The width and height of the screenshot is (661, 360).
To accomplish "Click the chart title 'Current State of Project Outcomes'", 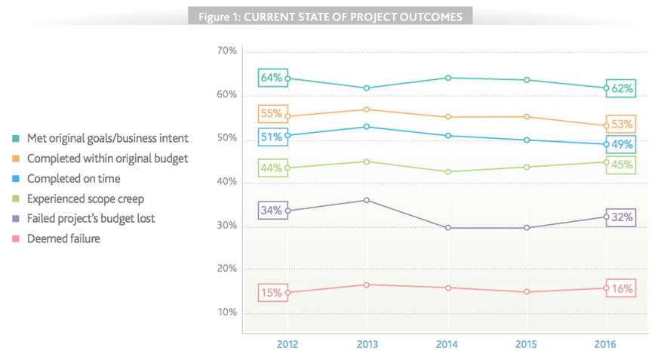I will pos(330,17).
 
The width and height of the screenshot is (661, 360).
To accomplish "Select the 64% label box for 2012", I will pos(272,78).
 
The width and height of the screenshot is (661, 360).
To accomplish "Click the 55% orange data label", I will pos(272,115).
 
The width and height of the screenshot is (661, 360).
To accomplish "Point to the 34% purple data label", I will pos(272,211).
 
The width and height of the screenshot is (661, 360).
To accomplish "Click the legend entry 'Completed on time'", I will pos(73,179).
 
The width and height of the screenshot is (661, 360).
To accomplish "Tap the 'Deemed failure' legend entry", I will pos(63,238).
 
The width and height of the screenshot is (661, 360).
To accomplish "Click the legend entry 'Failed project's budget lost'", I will pos(91,219).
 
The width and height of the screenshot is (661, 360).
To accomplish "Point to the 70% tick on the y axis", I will pos(226,51).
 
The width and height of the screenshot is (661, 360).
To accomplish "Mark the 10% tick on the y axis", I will pos(226,312).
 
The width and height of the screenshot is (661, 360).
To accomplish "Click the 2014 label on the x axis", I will pos(447,344).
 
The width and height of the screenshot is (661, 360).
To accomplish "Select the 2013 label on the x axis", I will pos(367,344).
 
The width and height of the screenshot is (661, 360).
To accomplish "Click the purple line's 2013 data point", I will pos(367,200).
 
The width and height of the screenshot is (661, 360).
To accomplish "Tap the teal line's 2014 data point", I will pos(447,78).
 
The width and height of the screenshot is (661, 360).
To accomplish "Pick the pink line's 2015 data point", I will pos(526,292).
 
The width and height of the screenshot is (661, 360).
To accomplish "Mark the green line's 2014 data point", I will pos(447,172).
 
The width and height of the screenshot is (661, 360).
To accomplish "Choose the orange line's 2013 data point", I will pos(367,109).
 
